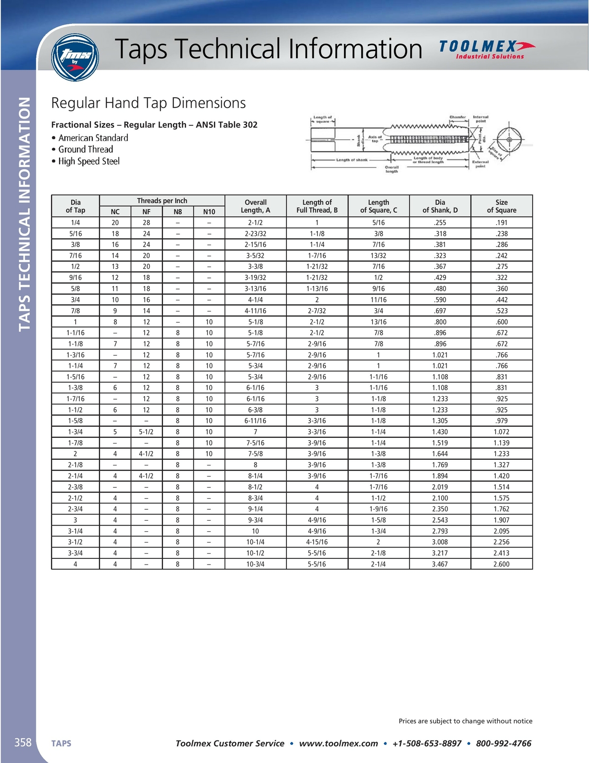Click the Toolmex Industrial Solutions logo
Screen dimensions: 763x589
coord(487,50)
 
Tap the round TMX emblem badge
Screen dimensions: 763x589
coord(75,57)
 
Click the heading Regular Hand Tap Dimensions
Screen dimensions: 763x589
coord(148,103)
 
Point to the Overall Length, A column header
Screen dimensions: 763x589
coord(255,206)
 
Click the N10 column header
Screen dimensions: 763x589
coord(209,212)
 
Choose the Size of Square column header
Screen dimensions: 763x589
coord(501,206)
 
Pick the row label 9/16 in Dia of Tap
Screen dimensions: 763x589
coord(75,278)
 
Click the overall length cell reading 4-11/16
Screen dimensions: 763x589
coord(255,311)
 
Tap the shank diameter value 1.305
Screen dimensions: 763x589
coord(440,421)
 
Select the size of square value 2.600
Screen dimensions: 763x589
coord(501,564)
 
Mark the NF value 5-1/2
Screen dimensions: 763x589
coord(146,432)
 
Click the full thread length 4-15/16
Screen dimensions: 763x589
coord(317,542)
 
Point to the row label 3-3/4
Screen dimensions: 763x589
coord(75,553)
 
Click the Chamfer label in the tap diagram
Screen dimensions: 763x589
coord(457,117)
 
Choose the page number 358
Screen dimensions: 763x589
coord(23,742)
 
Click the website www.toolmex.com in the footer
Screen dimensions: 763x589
coord(338,743)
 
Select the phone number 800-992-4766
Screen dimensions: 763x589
coord(504,743)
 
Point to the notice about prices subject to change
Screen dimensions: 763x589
coord(466,721)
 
